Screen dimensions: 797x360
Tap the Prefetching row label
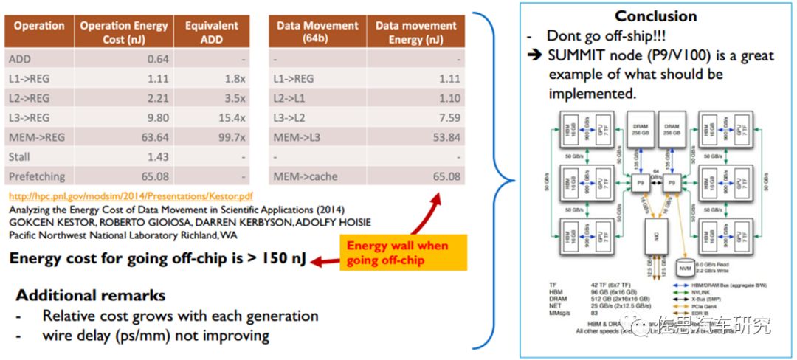[x=36, y=176]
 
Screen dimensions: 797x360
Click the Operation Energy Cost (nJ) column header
[x=123, y=32]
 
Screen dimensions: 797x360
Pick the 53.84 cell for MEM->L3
[x=443, y=137]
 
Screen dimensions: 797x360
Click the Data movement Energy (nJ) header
[x=415, y=32]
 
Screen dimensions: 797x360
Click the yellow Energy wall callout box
[x=398, y=253]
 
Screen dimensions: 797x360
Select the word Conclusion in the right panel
[x=656, y=15]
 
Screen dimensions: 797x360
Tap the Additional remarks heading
[x=91, y=295]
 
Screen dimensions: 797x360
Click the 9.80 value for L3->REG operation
[x=156, y=117]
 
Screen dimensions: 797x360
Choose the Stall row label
[x=20, y=156]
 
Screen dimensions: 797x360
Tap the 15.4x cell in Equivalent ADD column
[x=231, y=117]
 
